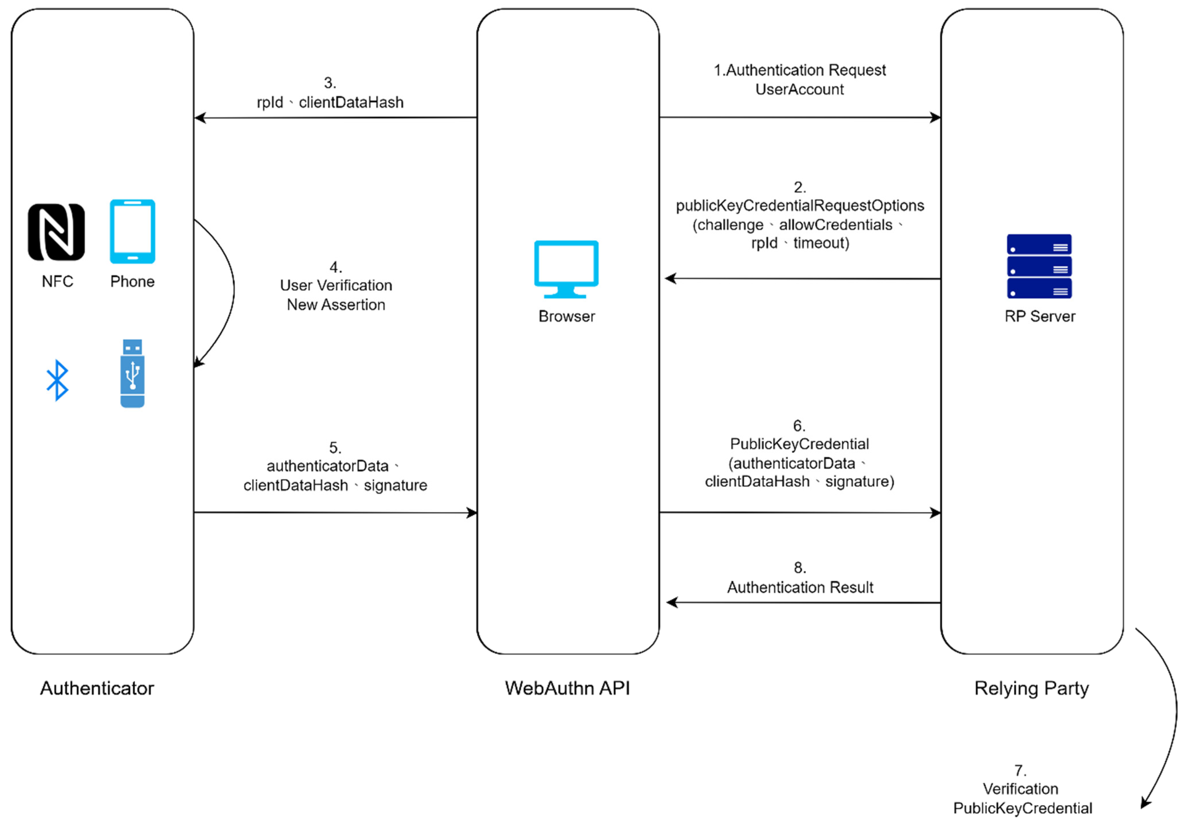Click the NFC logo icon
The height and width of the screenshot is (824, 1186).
pyautogui.click(x=56, y=232)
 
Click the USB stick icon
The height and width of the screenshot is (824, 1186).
pyautogui.click(x=132, y=373)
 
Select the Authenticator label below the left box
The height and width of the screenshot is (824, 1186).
pyautogui.click(x=97, y=688)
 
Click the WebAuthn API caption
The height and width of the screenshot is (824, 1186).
pyautogui.click(x=567, y=688)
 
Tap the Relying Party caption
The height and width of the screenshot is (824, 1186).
pyautogui.click(x=1031, y=688)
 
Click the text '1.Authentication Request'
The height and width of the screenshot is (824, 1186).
pyautogui.click(x=799, y=70)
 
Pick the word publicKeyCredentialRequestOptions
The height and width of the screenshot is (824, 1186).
pyautogui.click(x=799, y=205)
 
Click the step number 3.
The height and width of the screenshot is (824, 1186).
pyautogui.click(x=330, y=83)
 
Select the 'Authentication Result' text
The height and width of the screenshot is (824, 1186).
pyautogui.click(x=800, y=587)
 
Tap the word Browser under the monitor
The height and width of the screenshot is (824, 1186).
pyautogui.click(x=566, y=316)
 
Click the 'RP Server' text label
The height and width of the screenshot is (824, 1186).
pyautogui.click(x=1039, y=316)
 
